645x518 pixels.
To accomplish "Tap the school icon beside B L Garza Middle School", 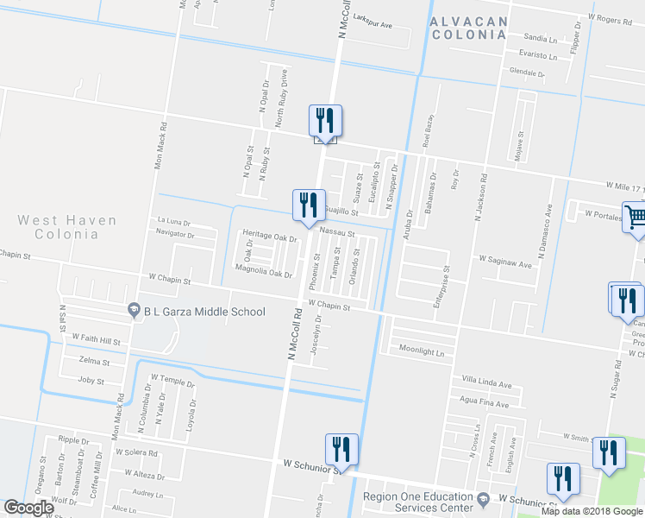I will pyautogui.click(x=134, y=310).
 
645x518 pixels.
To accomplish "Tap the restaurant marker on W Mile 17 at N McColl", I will pyautogui.click(x=325, y=121).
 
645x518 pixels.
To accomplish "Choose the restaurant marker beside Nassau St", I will pyautogui.click(x=309, y=205).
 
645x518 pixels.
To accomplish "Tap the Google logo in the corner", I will pyautogui.click(x=28, y=508).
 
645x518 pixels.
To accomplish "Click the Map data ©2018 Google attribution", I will pyautogui.click(x=592, y=511).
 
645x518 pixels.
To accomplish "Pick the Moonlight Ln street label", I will pyautogui.click(x=421, y=351).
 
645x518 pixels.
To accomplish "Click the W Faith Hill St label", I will pyautogui.click(x=97, y=340).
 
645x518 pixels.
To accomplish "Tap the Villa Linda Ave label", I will pyautogui.click(x=486, y=381).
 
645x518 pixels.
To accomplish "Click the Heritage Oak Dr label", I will pyautogui.click(x=269, y=236).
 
